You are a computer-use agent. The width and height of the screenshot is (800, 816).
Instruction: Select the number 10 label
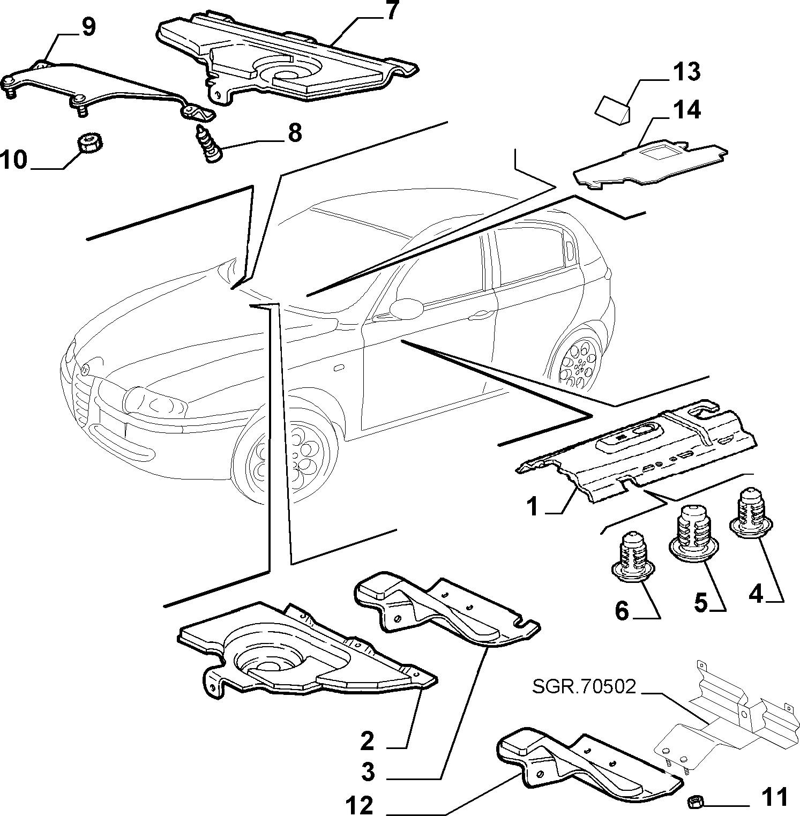pos(14,159)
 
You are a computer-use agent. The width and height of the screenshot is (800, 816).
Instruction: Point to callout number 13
pos(686,71)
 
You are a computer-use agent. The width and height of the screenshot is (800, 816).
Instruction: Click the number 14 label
pos(687,110)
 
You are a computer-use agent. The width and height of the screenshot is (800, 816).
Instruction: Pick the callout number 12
pos(360,805)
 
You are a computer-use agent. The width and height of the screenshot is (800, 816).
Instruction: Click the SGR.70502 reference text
pos(585,686)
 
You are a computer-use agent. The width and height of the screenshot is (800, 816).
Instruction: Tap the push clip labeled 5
pos(690,533)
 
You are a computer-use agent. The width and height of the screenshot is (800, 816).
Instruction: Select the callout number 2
pos(368,742)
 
